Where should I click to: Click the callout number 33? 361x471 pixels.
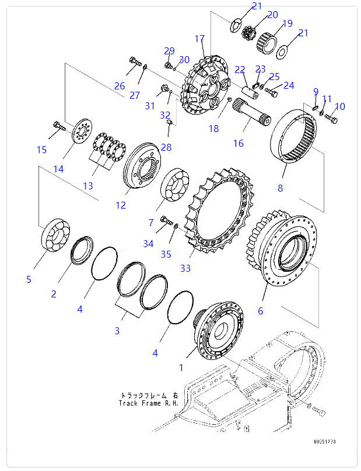coord(185,269)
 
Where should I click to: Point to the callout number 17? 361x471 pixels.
coord(199,39)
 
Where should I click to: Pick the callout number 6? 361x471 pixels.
coord(260,311)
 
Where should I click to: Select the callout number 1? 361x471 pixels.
coord(181,368)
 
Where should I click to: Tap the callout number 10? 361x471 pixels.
coord(340,106)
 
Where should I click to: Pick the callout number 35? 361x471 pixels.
coord(166,254)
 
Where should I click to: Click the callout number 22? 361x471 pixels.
coord(240,70)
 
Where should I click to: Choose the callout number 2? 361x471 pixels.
coord(54,294)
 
